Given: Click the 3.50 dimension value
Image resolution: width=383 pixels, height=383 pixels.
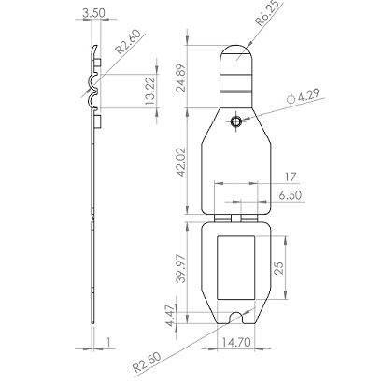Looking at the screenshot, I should point(93,12).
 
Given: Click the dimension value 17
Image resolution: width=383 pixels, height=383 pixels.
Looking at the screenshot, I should point(265,175).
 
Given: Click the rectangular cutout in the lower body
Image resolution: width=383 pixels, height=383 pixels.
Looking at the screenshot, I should point(239,267).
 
